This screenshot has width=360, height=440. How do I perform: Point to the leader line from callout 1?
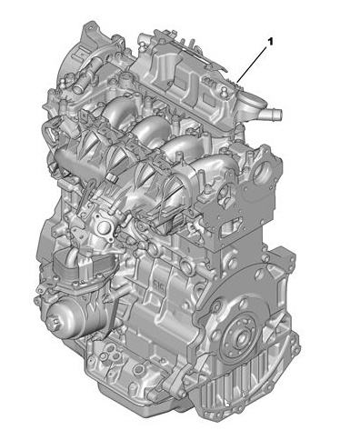click(253, 65)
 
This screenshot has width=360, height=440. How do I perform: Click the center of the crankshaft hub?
click(242, 335)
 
